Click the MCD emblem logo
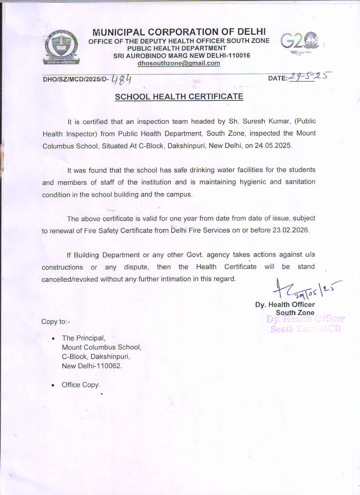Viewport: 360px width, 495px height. tap(61, 47)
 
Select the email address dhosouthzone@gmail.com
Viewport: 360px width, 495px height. tap(179, 63)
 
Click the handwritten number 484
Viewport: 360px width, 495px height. tap(122, 79)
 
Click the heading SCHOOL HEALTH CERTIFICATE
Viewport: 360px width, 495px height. tap(179, 97)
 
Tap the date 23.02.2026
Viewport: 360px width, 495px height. tap(290, 230)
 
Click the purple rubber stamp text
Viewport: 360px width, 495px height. tap(306, 324)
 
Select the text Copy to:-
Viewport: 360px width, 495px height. tap(56, 322)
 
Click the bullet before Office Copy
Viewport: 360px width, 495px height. tap(53, 385)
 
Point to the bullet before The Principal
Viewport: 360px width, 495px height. tap(53, 338)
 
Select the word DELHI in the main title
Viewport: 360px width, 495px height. tap(251, 32)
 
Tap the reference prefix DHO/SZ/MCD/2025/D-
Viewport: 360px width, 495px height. tap(76, 79)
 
